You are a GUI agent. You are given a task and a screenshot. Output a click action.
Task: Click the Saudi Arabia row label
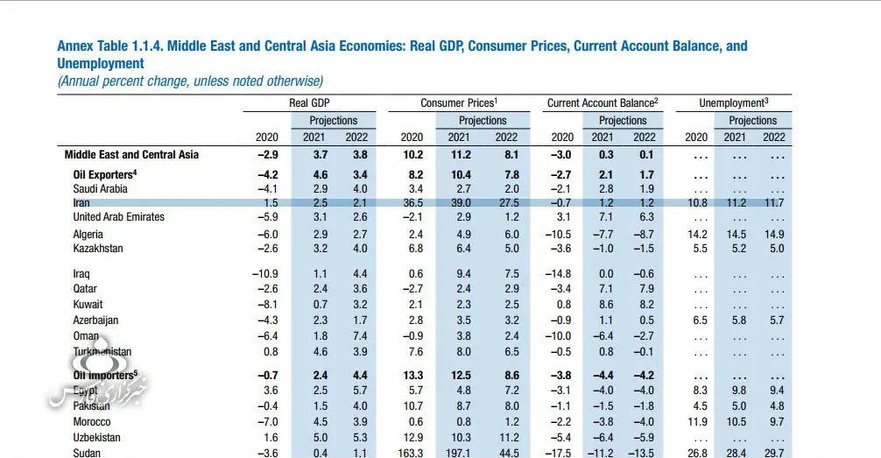100,189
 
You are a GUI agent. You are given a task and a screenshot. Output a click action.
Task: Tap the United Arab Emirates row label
118,217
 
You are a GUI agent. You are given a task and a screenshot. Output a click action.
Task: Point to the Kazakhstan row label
98,249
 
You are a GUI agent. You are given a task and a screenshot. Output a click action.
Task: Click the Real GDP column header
309,103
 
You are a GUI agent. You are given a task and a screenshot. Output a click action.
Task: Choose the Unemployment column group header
733,103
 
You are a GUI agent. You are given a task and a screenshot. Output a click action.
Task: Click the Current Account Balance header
603,103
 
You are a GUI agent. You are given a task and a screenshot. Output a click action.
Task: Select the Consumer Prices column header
459,103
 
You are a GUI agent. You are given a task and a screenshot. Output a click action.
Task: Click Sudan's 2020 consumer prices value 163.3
410,453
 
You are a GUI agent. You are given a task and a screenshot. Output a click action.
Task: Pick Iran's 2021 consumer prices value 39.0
459,203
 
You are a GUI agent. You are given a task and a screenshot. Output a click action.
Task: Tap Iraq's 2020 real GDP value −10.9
265,274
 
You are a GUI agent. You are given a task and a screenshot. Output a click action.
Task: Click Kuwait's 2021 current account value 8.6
603,305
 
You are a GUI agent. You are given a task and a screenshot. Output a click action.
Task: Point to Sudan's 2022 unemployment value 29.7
773,453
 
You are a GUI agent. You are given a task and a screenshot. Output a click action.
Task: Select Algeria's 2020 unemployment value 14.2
695,235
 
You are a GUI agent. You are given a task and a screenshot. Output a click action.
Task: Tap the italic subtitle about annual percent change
190,81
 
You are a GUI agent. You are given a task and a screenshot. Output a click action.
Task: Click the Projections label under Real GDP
334,121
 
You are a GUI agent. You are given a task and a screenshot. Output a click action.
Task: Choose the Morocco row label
93,422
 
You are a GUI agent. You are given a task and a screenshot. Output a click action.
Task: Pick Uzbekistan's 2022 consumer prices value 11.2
506,438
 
